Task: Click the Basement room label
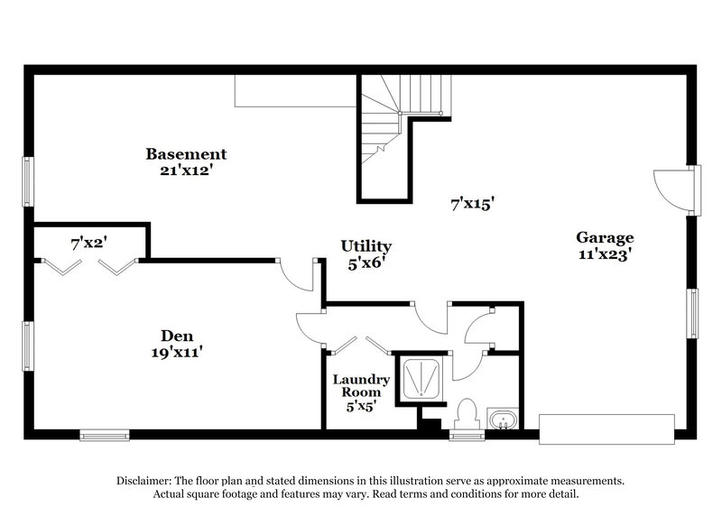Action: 187,154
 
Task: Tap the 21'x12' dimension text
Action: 187,169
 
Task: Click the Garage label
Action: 606,238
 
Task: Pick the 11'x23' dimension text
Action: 606,253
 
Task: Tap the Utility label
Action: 366,246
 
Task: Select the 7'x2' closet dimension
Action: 89,243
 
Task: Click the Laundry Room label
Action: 360,386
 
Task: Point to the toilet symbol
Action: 466,414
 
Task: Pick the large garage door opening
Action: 606,428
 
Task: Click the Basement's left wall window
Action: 27,182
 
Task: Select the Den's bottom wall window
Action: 104,436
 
